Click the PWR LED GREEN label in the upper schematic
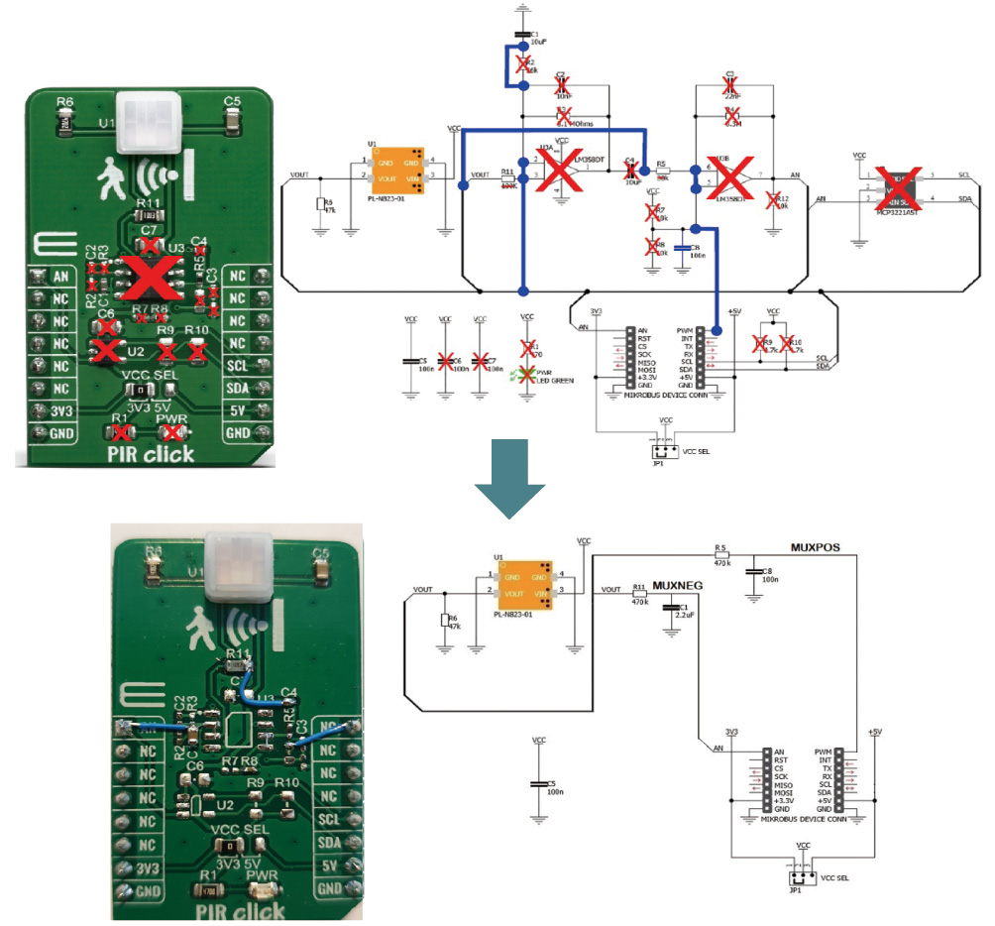click(540, 378)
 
